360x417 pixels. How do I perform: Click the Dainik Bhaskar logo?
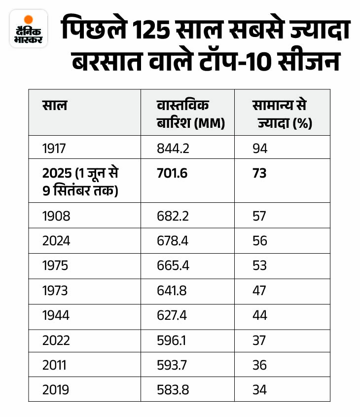[x=29, y=29]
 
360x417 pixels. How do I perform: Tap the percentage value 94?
[x=259, y=148]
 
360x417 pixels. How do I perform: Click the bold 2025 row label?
[x=80, y=181]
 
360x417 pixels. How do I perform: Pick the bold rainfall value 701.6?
[x=173, y=173]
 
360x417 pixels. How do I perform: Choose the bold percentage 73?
[x=259, y=173]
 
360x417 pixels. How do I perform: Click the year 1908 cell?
[x=56, y=215]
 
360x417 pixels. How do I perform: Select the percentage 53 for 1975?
[x=259, y=265]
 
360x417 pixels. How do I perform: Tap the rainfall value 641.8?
[x=173, y=290]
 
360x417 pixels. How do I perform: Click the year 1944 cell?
[x=56, y=315]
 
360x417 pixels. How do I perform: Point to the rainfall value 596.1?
[x=173, y=340]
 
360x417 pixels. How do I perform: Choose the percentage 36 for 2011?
[x=259, y=365]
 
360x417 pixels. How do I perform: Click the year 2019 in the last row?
[x=56, y=389]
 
